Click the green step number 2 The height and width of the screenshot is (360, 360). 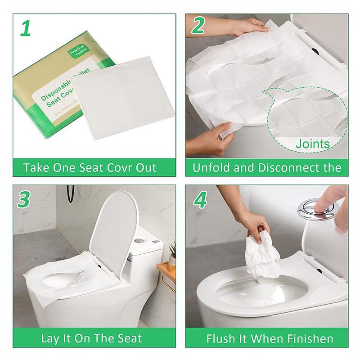click(198, 27)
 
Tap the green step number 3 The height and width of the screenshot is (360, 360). click(25, 199)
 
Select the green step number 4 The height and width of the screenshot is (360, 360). click(198, 199)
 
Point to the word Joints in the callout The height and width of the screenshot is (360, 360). click(312, 144)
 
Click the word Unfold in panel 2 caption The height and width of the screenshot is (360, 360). click(209, 168)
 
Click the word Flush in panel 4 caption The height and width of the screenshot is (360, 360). click(221, 338)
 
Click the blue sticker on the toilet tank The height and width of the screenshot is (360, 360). click(130, 261)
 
